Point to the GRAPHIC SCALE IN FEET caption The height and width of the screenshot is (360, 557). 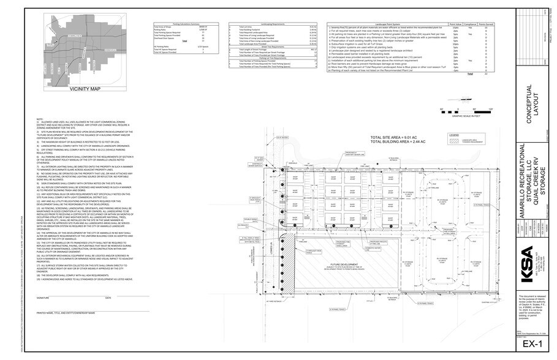(468, 115)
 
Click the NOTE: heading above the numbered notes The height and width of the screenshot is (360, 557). (40, 119)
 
